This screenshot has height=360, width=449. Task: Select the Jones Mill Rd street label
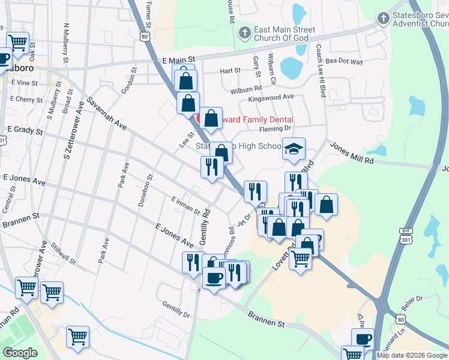coord(351,153)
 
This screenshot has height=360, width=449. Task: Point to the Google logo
coord(20,353)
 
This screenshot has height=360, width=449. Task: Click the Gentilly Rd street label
coord(204,227)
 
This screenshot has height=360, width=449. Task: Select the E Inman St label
coord(185,205)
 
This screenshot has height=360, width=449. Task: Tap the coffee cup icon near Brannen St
coord(214,278)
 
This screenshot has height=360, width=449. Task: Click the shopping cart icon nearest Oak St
coord(18,43)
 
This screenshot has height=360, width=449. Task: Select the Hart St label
coord(230,71)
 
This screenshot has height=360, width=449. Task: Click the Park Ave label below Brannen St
coord(103,250)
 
